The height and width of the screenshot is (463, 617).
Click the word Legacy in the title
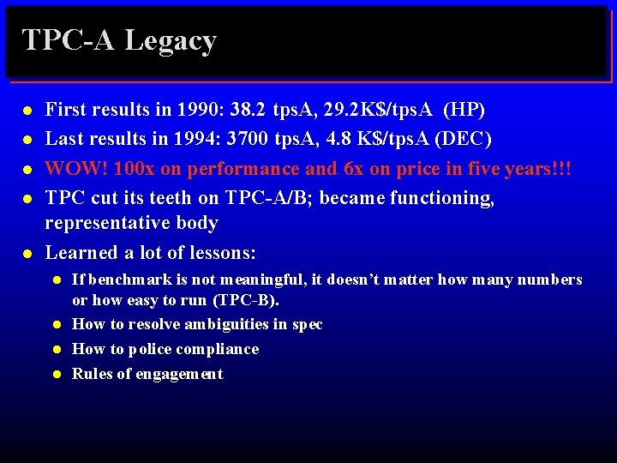coord(171,41)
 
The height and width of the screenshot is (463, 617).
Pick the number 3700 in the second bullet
coord(250,138)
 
